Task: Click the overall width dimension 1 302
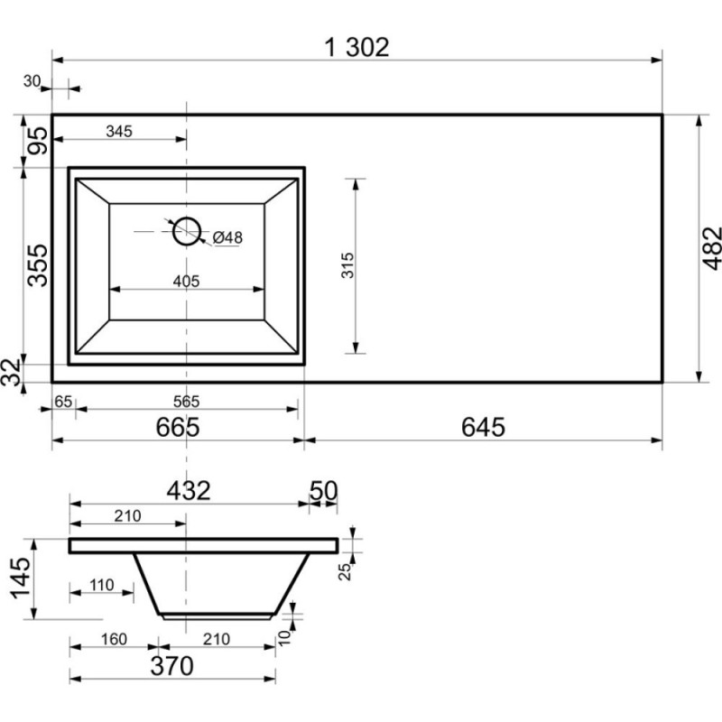(356, 48)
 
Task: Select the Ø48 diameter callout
(227, 237)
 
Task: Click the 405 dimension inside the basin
(187, 281)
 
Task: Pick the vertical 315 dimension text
(347, 264)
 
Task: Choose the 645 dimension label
(483, 427)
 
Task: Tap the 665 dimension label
(178, 427)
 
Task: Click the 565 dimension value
(187, 402)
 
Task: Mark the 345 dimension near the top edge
(119, 131)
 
